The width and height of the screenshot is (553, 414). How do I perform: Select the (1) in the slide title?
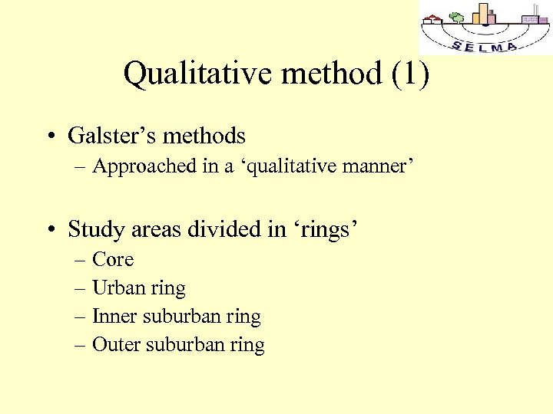coord(411,74)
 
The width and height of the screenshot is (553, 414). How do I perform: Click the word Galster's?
coord(109,136)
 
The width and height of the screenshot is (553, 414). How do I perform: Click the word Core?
coord(113,259)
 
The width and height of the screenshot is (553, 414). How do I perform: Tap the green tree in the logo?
coord(456,18)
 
